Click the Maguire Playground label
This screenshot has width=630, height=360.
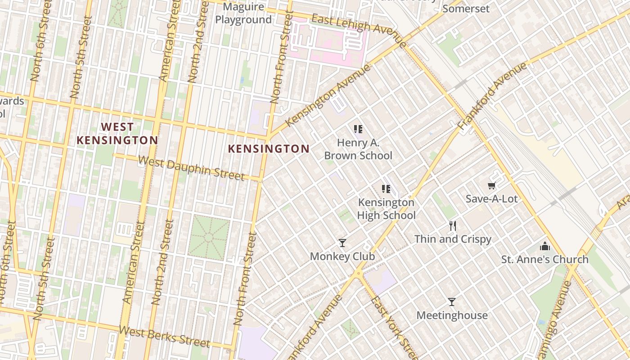(243, 13)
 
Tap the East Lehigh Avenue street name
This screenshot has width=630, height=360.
(359, 29)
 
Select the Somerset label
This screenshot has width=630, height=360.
(466, 9)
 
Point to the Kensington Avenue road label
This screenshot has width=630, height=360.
(328, 95)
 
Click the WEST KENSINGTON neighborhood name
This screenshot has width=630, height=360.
(117, 134)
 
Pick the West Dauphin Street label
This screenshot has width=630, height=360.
(191, 167)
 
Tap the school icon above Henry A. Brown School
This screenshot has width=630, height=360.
(358, 130)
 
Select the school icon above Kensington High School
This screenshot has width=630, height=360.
(386, 189)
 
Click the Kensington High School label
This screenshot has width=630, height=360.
(386, 209)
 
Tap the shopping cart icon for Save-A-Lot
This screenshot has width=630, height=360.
(491, 185)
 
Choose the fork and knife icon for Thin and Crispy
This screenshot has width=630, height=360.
(453, 226)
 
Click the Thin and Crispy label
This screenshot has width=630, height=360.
(453, 239)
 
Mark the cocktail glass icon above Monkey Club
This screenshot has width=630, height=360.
(342, 243)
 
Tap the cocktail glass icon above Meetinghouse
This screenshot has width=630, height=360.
(452, 302)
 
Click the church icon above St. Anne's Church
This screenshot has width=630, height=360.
(545, 246)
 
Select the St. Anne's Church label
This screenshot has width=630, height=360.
(545, 259)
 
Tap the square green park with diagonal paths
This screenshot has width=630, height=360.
(208, 237)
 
